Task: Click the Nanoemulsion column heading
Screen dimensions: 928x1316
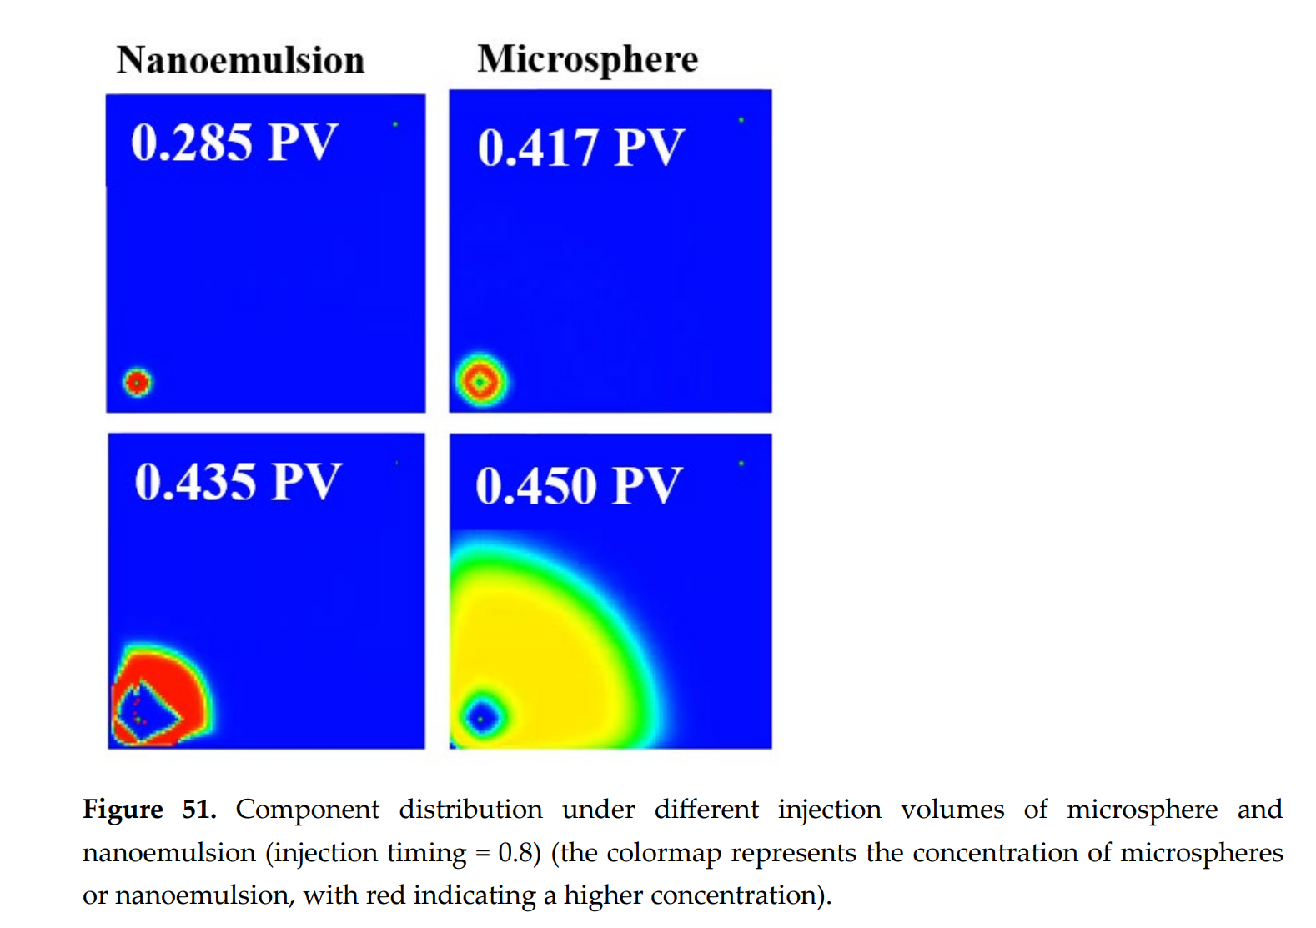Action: click(x=240, y=60)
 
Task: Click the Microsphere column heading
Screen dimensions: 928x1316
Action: click(x=587, y=59)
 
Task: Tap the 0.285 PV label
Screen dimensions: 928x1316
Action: click(x=234, y=142)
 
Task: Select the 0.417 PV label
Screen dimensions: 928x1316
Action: click(x=580, y=148)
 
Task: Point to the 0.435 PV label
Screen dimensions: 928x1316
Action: click(x=238, y=482)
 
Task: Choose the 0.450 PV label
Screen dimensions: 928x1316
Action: click(x=579, y=485)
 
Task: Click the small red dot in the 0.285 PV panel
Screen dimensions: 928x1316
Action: click(x=138, y=382)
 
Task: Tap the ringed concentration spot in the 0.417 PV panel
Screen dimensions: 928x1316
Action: click(x=480, y=381)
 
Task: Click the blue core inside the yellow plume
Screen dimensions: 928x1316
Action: click(x=481, y=717)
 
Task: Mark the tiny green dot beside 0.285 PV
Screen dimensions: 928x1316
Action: click(x=395, y=124)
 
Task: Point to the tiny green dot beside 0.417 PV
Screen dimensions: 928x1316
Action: click(x=741, y=120)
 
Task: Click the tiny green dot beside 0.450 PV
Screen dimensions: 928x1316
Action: click(x=741, y=463)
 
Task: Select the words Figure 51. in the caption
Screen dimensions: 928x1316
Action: click(x=149, y=809)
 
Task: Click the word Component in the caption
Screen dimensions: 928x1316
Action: click(x=307, y=809)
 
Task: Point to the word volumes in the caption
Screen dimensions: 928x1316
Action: click(x=952, y=809)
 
